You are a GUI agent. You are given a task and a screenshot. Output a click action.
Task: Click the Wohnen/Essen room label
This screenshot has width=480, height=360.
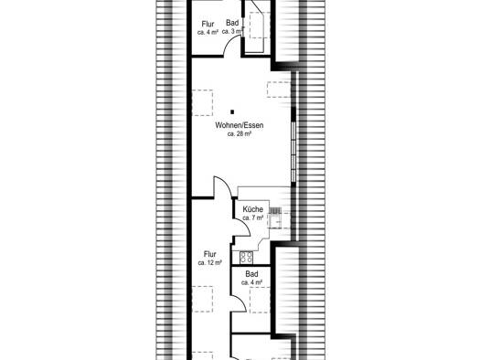point(239,125)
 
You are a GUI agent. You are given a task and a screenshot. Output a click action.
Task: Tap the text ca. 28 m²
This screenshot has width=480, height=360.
point(240,133)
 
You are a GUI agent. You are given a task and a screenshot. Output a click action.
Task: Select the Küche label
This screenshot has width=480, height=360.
point(252,209)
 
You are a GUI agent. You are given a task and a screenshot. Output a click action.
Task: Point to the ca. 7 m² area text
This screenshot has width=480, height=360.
point(253,217)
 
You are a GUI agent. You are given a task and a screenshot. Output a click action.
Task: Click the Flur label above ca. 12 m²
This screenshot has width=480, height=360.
point(210,254)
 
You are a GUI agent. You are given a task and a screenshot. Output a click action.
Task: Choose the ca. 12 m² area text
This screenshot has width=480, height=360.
point(209,262)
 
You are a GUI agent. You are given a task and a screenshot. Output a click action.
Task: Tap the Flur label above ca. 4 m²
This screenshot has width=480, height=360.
point(208,24)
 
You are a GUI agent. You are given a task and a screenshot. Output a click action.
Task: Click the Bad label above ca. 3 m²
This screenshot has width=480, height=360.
point(232,23)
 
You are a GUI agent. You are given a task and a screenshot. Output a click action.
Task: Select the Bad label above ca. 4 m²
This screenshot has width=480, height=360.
point(251,274)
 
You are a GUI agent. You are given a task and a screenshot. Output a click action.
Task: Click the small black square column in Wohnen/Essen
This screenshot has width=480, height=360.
point(232,112)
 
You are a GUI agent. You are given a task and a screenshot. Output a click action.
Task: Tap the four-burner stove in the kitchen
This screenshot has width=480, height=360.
point(247,258)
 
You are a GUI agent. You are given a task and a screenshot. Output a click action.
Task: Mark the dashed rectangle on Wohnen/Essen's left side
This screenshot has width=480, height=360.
point(202,102)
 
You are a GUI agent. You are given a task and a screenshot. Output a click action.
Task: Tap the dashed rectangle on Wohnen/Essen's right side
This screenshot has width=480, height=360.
point(279,90)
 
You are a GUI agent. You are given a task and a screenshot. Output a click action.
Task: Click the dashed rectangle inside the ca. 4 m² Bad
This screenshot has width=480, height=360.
point(260,300)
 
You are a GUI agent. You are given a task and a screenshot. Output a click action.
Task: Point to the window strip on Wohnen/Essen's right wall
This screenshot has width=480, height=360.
point(293,152)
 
